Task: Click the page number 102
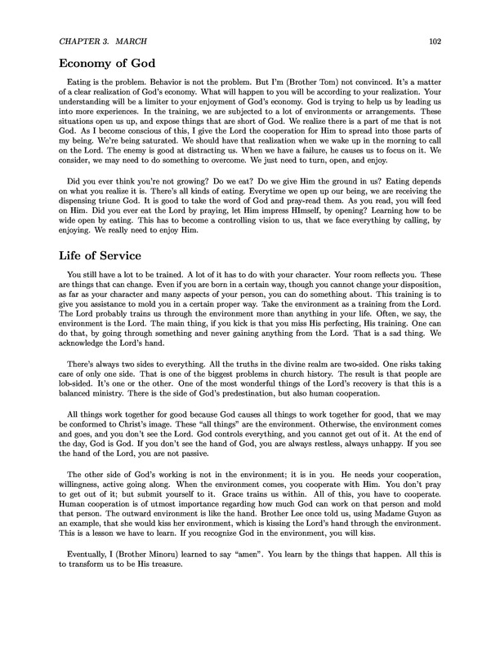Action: (435, 42)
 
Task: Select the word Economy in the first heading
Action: (92, 68)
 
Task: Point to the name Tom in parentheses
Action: (294, 91)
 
